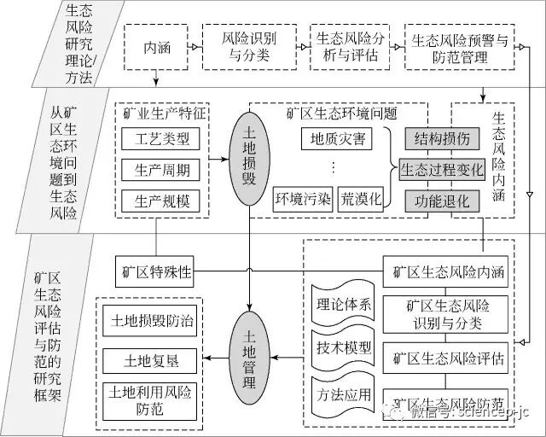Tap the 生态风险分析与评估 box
coord(347,48)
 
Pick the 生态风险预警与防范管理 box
coord(461,48)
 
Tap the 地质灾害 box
coord(335,138)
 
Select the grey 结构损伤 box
coord(442,137)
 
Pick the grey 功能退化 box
coord(442,201)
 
